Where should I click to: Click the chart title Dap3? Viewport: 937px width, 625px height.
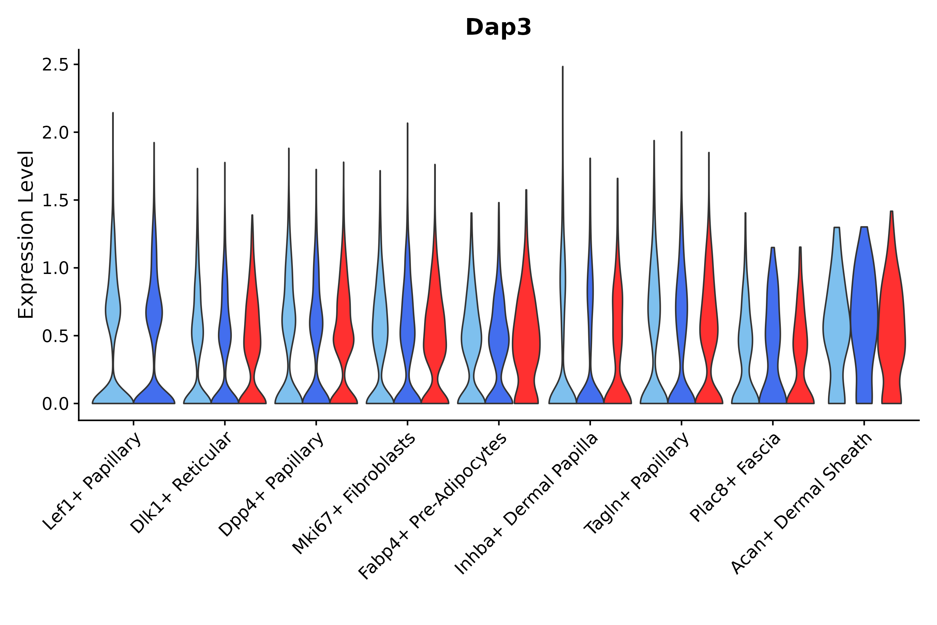[x=498, y=28]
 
